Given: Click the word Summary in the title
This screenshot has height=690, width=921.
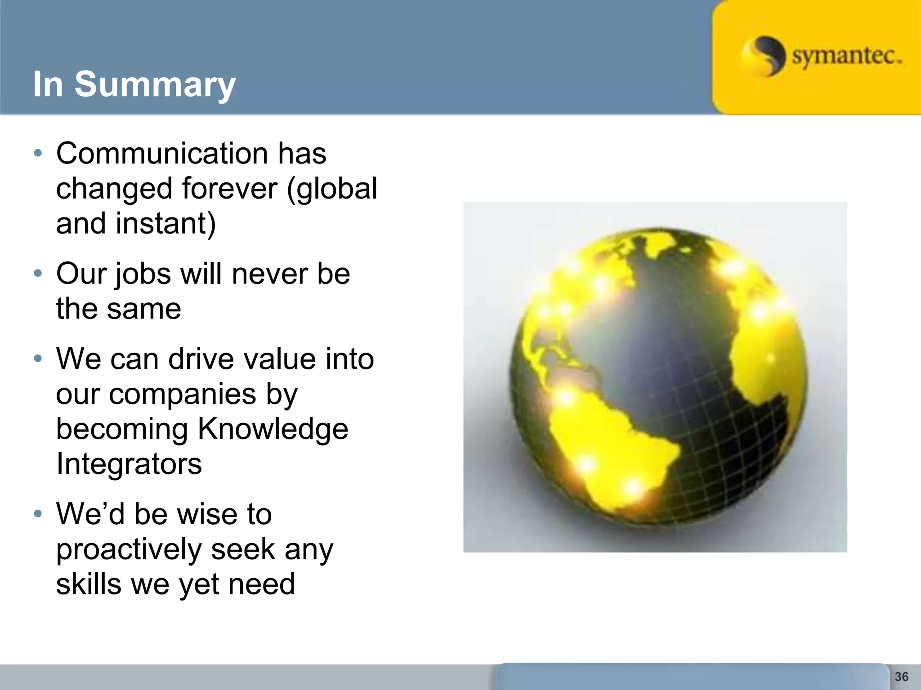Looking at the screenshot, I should (x=155, y=84).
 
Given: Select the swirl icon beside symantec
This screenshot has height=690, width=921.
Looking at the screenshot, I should (x=763, y=56).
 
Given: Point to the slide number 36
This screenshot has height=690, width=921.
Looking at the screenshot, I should (x=901, y=677).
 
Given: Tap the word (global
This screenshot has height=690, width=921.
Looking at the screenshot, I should (x=332, y=189).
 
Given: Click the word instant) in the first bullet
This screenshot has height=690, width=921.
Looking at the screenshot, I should (x=165, y=223).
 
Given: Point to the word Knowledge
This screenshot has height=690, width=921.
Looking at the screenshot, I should (x=273, y=429).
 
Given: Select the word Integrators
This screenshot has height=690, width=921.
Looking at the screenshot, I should (x=129, y=464).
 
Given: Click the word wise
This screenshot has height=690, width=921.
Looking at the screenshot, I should (x=203, y=514).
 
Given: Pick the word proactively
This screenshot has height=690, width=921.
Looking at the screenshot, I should (x=129, y=550).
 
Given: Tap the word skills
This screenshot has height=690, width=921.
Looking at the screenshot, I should (x=89, y=584).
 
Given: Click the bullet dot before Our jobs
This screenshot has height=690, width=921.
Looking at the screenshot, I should (x=38, y=273).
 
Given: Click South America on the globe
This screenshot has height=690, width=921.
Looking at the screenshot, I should (x=607, y=449).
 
